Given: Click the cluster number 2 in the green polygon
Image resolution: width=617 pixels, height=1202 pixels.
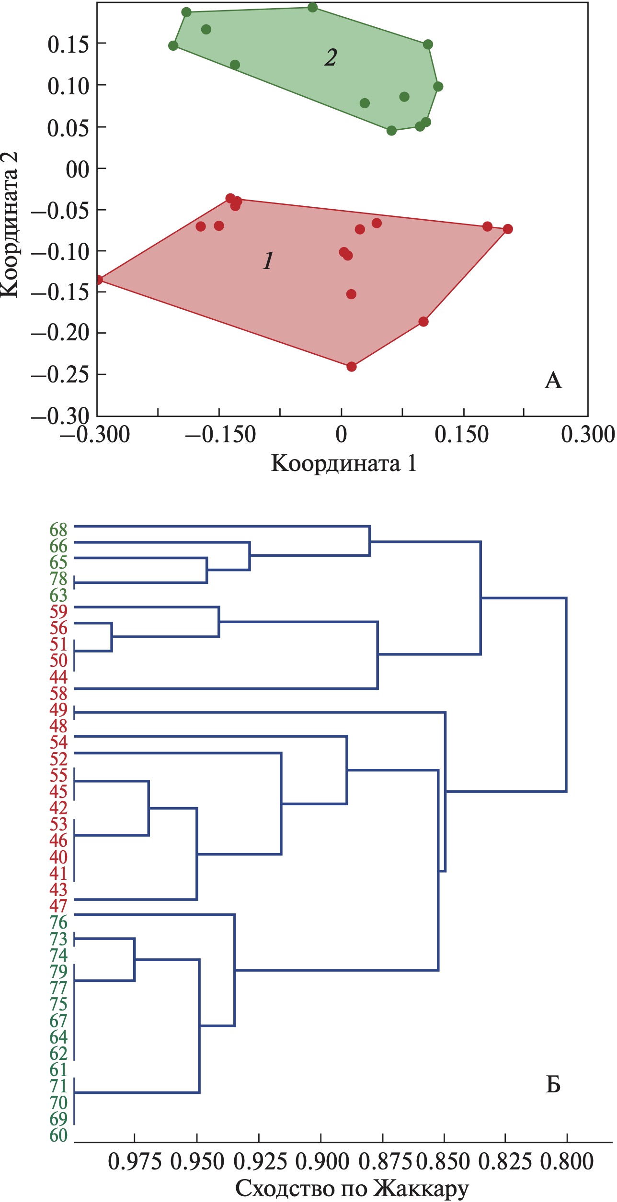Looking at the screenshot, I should click(x=331, y=57).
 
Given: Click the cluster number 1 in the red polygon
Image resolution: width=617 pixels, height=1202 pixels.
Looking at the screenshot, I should click(x=268, y=261).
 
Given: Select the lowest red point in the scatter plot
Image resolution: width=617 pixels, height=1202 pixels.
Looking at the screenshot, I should click(x=352, y=367).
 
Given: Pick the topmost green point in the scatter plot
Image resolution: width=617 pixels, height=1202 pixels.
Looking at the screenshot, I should click(x=313, y=7).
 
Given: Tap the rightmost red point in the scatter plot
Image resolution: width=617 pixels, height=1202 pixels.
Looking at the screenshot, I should click(x=508, y=229).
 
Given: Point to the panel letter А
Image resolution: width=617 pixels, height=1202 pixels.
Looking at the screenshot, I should click(x=553, y=381).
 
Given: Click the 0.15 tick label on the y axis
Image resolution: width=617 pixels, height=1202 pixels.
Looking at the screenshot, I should click(x=69, y=45).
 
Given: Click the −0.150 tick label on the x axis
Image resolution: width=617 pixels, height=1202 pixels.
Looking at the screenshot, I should click(x=221, y=435).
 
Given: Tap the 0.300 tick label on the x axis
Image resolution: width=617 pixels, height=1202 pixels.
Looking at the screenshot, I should click(x=588, y=435).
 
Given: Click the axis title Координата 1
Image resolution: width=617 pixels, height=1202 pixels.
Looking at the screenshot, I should click(x=343, y=463).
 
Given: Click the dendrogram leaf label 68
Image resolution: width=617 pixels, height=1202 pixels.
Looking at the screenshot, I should click(x=58, y=530).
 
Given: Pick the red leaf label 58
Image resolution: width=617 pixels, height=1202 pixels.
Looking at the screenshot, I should click(x=58, y=694).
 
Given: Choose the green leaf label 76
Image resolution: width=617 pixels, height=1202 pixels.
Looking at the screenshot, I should click(x=58, y=922).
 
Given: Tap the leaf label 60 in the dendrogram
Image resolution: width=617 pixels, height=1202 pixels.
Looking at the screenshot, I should click(x=58, y=1135).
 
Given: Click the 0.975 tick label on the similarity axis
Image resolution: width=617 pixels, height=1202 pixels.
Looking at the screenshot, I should click(x=135, y=1162).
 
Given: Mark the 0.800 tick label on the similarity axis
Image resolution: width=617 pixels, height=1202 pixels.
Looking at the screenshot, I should click(x=567, y=1162).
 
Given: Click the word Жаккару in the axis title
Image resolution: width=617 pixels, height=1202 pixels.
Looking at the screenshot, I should click(x=421, y=1189).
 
